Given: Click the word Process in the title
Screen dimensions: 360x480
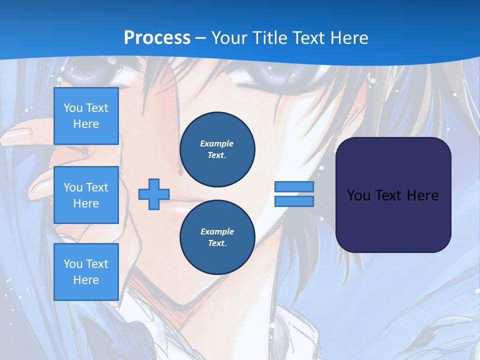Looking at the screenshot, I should (157, 38).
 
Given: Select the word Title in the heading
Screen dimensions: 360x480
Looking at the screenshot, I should (268, 38).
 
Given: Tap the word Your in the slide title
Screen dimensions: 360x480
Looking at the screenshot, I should (230, 38).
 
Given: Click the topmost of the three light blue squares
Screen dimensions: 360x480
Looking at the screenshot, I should (86, 116).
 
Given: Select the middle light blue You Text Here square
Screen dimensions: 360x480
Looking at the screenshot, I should (86, 195).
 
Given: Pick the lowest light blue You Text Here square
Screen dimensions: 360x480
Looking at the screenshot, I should (86, 272).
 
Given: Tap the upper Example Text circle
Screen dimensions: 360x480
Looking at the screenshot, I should (217, 149).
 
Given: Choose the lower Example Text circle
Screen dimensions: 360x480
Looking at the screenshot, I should (217, 237).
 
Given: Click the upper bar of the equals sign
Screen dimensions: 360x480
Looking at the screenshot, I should (294, 187).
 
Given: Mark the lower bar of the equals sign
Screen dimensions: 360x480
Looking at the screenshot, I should (294, 201).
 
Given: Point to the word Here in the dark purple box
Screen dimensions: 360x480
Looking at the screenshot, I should (422, 195).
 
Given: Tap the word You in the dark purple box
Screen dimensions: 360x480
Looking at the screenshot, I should (358, 195).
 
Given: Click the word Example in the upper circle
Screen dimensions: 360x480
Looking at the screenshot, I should (217, 143).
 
